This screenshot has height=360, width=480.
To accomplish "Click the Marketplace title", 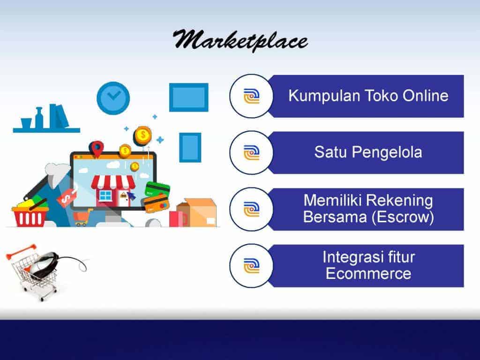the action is pyautogui.click(x=240, y=40).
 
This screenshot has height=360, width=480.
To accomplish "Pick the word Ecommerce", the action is pyautogui.click(x=368, y=273).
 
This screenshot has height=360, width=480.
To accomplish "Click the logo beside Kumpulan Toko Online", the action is pyautogui.click(x=252, y=96).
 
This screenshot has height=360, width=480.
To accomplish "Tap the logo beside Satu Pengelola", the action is pyautogui.click(x=252, y=153).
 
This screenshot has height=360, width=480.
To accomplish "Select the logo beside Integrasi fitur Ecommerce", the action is pyautogui.click(x=252, y=266).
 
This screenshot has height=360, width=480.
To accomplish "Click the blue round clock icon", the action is pyautogui.click(x=113, y=98).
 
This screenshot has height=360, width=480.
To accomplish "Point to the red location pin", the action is pyautogui.click(x=96, y=149).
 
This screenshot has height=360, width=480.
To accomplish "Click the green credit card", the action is pyautogui.click(x=157, y=189).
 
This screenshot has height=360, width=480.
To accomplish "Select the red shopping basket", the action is pyautogui.click(x=30, y=216).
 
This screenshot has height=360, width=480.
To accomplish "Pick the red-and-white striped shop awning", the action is pyautogui.click(x=113, y=182).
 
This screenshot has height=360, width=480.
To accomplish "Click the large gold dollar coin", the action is pyautogui.click(x=142, y=135).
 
